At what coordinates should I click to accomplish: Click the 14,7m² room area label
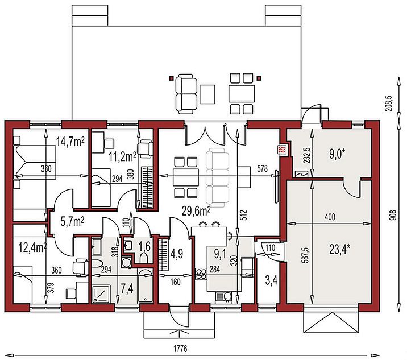70,142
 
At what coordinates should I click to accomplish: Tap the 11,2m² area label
123,157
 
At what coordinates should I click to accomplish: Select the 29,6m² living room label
196,212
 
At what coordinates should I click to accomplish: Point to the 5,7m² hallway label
72,222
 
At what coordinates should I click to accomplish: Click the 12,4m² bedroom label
33,247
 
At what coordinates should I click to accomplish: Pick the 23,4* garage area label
339,250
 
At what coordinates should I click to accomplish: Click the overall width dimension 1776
180,349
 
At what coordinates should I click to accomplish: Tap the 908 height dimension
394,216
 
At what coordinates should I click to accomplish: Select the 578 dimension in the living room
262,168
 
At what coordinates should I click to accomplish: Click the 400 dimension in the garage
330,217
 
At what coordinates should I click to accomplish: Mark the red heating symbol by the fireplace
281,150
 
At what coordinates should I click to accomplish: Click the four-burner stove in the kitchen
201,274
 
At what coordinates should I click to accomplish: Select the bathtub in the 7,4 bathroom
145,285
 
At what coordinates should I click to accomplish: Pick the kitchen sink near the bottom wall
224,297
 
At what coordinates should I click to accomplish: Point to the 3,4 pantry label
272,280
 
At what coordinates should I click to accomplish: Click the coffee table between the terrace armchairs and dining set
207,94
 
